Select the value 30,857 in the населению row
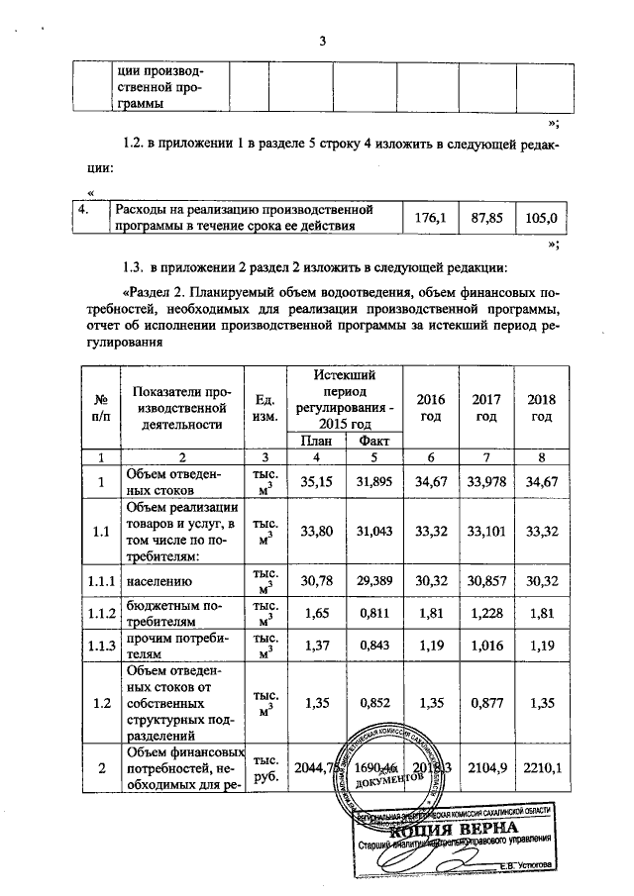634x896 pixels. pyautogui.click(x=485, y=583)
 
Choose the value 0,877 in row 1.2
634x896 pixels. pyautogui.click(x=485, y=704)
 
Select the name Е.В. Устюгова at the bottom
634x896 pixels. pyautogui.click(x=528, y=865)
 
